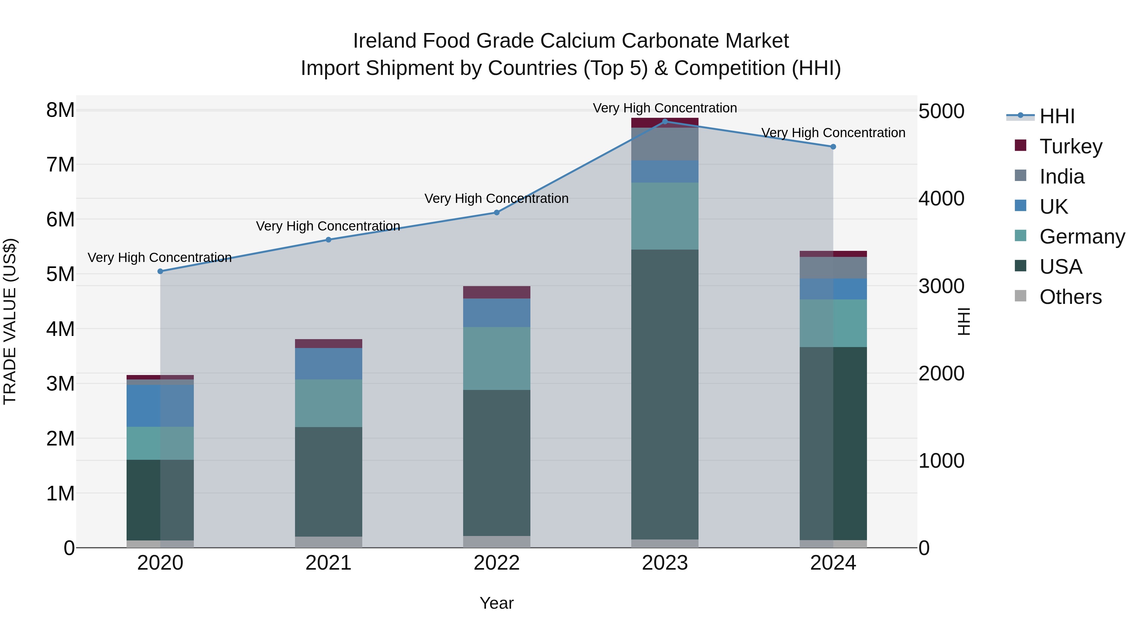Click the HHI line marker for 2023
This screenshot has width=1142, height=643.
coord(665,121)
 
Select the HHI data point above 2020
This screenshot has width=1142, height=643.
coord(161,271)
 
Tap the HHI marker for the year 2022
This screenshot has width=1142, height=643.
coord(496,212)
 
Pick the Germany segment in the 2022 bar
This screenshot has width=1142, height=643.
coord(496,358)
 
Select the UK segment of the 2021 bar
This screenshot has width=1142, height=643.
coord(329,364)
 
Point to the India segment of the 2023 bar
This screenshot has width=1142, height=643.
coord(665,144)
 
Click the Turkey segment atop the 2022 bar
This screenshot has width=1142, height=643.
coord(496,292)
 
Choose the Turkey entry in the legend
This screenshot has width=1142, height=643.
coord(1071,146)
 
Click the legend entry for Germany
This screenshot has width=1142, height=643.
coord(1082,237)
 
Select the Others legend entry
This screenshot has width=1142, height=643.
coord(1070,297)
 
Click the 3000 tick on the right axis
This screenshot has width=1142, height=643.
coord(941,286)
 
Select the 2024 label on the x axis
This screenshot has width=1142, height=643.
coord(833,563)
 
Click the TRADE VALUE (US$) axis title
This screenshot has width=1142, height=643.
coord(10,321)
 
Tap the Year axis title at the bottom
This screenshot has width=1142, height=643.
coord(496,603)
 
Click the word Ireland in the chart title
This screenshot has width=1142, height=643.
coord(384,41)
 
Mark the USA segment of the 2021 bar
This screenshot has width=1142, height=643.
coord(329,481)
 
